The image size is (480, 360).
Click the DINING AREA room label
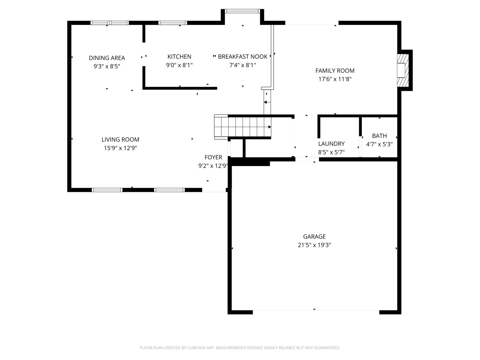point(107,58)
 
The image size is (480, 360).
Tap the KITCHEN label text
point(179,57)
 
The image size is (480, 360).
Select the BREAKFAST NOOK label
point(243,57)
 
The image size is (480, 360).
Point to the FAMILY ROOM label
point(335,71)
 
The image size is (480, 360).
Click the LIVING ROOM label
point(120,139)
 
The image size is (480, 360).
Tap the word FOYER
point(213,157)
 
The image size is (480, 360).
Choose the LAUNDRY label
point(331,144)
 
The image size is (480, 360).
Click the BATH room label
point(379,136)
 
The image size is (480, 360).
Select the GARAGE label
point(314,237)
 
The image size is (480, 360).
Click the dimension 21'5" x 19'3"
point(314,245)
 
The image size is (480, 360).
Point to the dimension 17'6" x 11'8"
point(335,79)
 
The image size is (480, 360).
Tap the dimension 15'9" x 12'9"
point(120,148)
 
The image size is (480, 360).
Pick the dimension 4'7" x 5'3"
point(379,144)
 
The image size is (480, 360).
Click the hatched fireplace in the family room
point(403,70)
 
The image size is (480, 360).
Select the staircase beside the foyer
point(243,127)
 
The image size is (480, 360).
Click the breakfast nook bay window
point(242,11)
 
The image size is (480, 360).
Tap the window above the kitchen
point(173,23)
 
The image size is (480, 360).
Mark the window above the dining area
point(110,23)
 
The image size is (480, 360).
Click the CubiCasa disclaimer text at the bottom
point(240,348)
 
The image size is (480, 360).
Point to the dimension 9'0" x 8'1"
point(179,65)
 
